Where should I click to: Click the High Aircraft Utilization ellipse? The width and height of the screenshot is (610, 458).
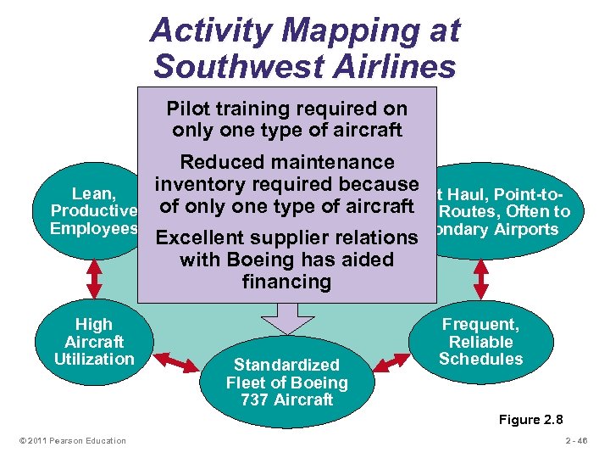click(x=93, y=342)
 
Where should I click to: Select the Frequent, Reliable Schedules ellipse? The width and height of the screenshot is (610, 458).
click(x=480, y=341)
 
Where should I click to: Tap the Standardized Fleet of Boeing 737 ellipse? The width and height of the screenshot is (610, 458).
click(x=286, y=382)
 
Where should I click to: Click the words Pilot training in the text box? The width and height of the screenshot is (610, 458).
click(x=220, y=109)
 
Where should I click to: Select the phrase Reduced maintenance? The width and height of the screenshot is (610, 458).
click(x=287, y=162)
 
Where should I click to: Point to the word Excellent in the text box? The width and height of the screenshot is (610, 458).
click(x=199, y=238)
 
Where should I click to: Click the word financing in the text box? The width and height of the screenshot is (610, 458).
click(x=286, y=281)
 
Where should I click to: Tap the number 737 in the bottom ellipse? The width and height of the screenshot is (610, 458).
click(x=258, y=399)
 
